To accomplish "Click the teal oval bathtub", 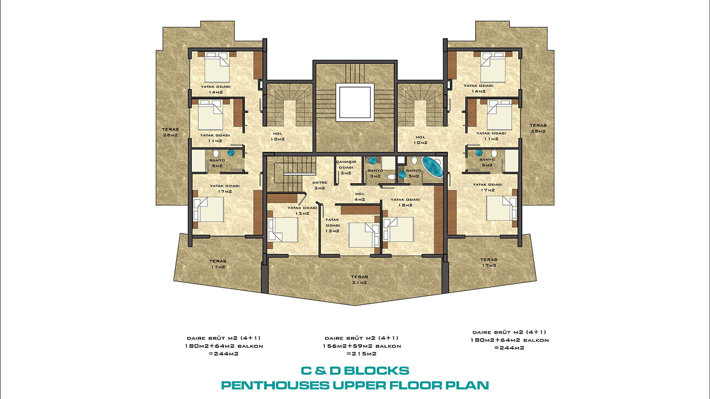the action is (432, 167).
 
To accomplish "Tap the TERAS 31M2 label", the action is (360, 280).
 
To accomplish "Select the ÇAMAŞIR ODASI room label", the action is (346, 165).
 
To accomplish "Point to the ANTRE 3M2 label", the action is (319, 185).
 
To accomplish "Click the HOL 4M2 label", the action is (360, 196).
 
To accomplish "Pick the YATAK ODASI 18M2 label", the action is (405, 202).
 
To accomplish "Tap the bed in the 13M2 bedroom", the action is (283, 230).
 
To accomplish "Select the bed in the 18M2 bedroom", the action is (399, 230).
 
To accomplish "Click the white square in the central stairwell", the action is (355, 102).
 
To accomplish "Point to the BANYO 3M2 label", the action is (375, 173).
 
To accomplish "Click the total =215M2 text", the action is (362, 354).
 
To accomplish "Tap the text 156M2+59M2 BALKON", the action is (362, 346).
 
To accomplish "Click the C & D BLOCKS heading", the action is (355, 371).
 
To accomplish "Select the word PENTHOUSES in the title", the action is (275, 385).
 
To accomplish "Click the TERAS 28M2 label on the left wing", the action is (170, 132).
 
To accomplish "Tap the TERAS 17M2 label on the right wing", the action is (489, 263).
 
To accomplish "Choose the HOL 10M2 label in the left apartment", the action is (277, 136).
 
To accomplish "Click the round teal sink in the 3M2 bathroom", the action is (372, 160).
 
